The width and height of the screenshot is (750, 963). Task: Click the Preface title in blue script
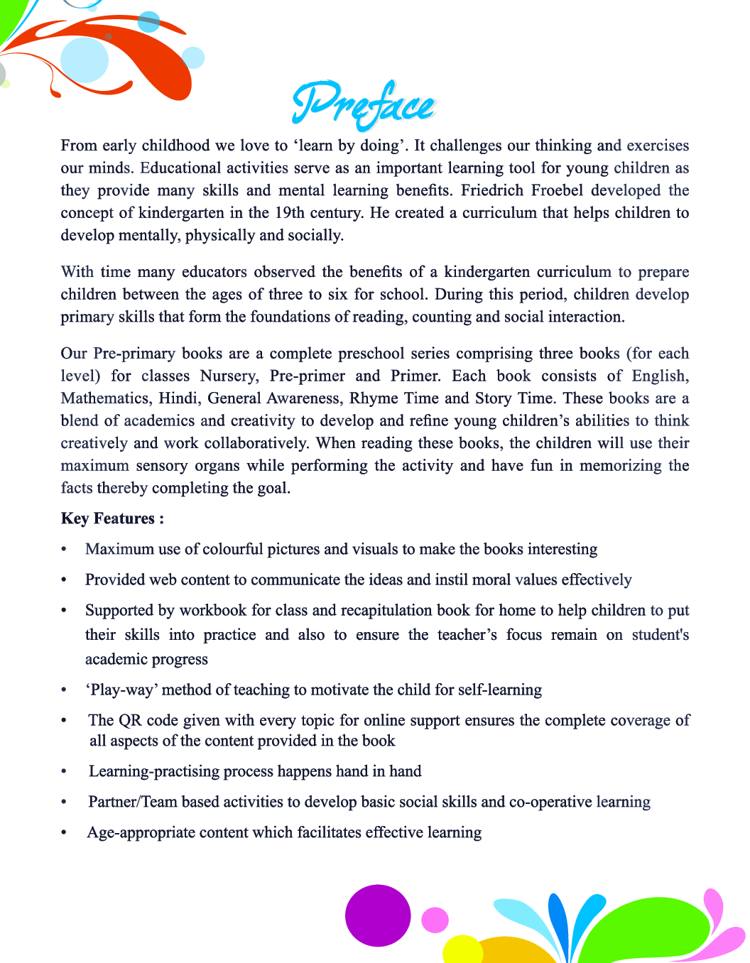point(363,105)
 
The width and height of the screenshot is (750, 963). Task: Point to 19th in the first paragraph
point(290,213)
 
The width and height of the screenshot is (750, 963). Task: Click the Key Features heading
point(112,518)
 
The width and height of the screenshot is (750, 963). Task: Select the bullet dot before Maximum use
point(64,550)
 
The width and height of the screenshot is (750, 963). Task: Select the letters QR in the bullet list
point(130,720)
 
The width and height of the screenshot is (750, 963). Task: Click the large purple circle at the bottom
point(378,915)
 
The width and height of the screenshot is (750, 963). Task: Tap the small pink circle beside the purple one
point(435,920)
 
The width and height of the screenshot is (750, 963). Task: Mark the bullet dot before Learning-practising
point(64,772)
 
